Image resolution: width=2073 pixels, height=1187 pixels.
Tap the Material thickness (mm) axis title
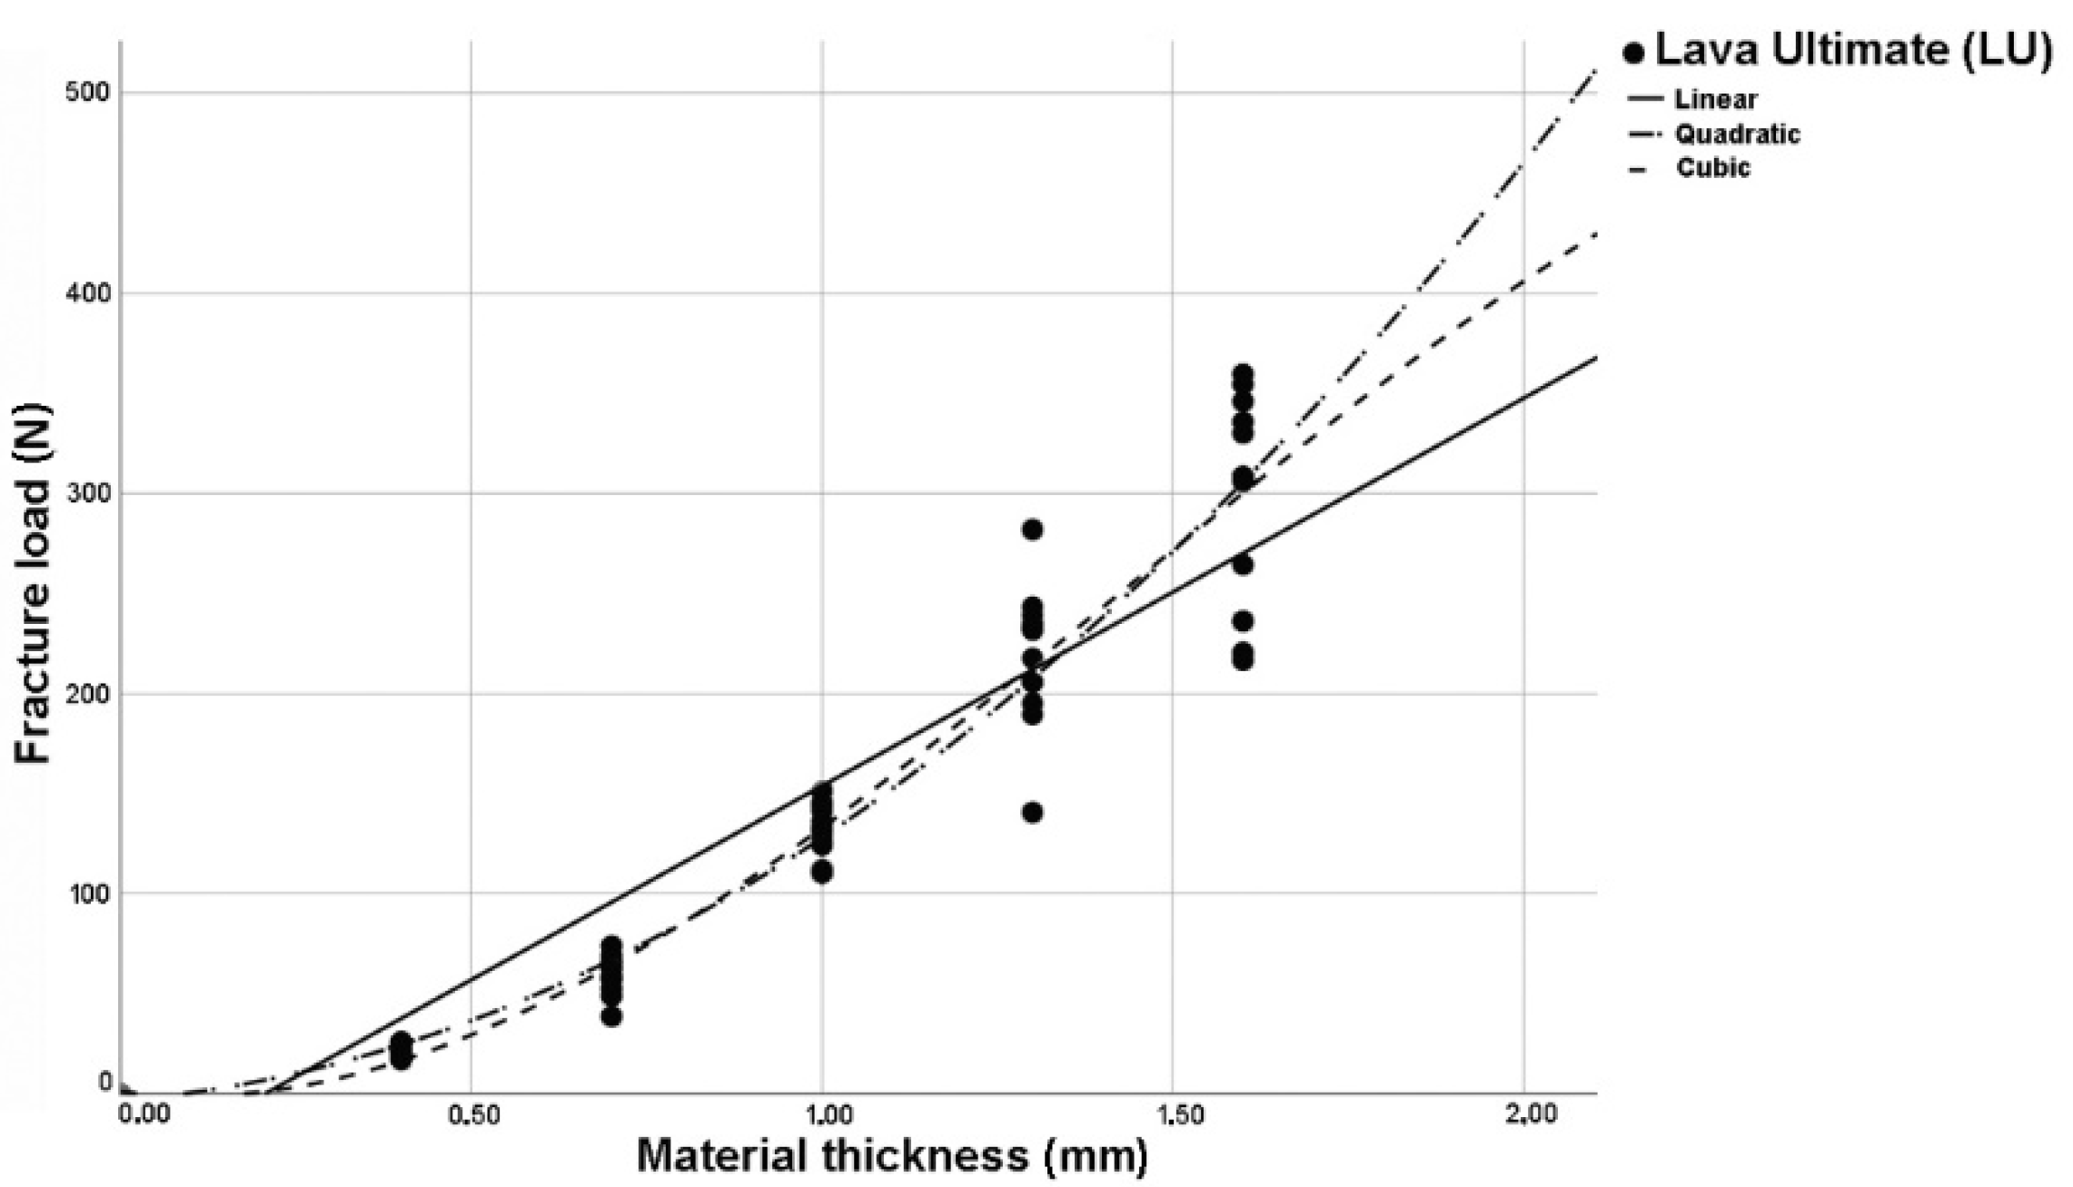coord(892,1157)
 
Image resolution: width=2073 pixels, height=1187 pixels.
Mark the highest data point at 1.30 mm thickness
coord(1032,529)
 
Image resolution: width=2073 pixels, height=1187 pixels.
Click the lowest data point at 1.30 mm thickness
coord(1032,812)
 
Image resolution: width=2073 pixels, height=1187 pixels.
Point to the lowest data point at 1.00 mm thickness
coord(822,872)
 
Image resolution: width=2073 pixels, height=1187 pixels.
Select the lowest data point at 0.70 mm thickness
coord(611,1015)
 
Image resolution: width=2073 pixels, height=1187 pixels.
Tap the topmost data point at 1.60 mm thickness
coord(1243,373)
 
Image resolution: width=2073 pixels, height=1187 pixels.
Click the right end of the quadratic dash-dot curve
coord(1595,71)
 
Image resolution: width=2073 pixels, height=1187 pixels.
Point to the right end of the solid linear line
coord(1595,358)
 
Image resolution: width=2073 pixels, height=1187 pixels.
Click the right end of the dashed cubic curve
coord(1595,235)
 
